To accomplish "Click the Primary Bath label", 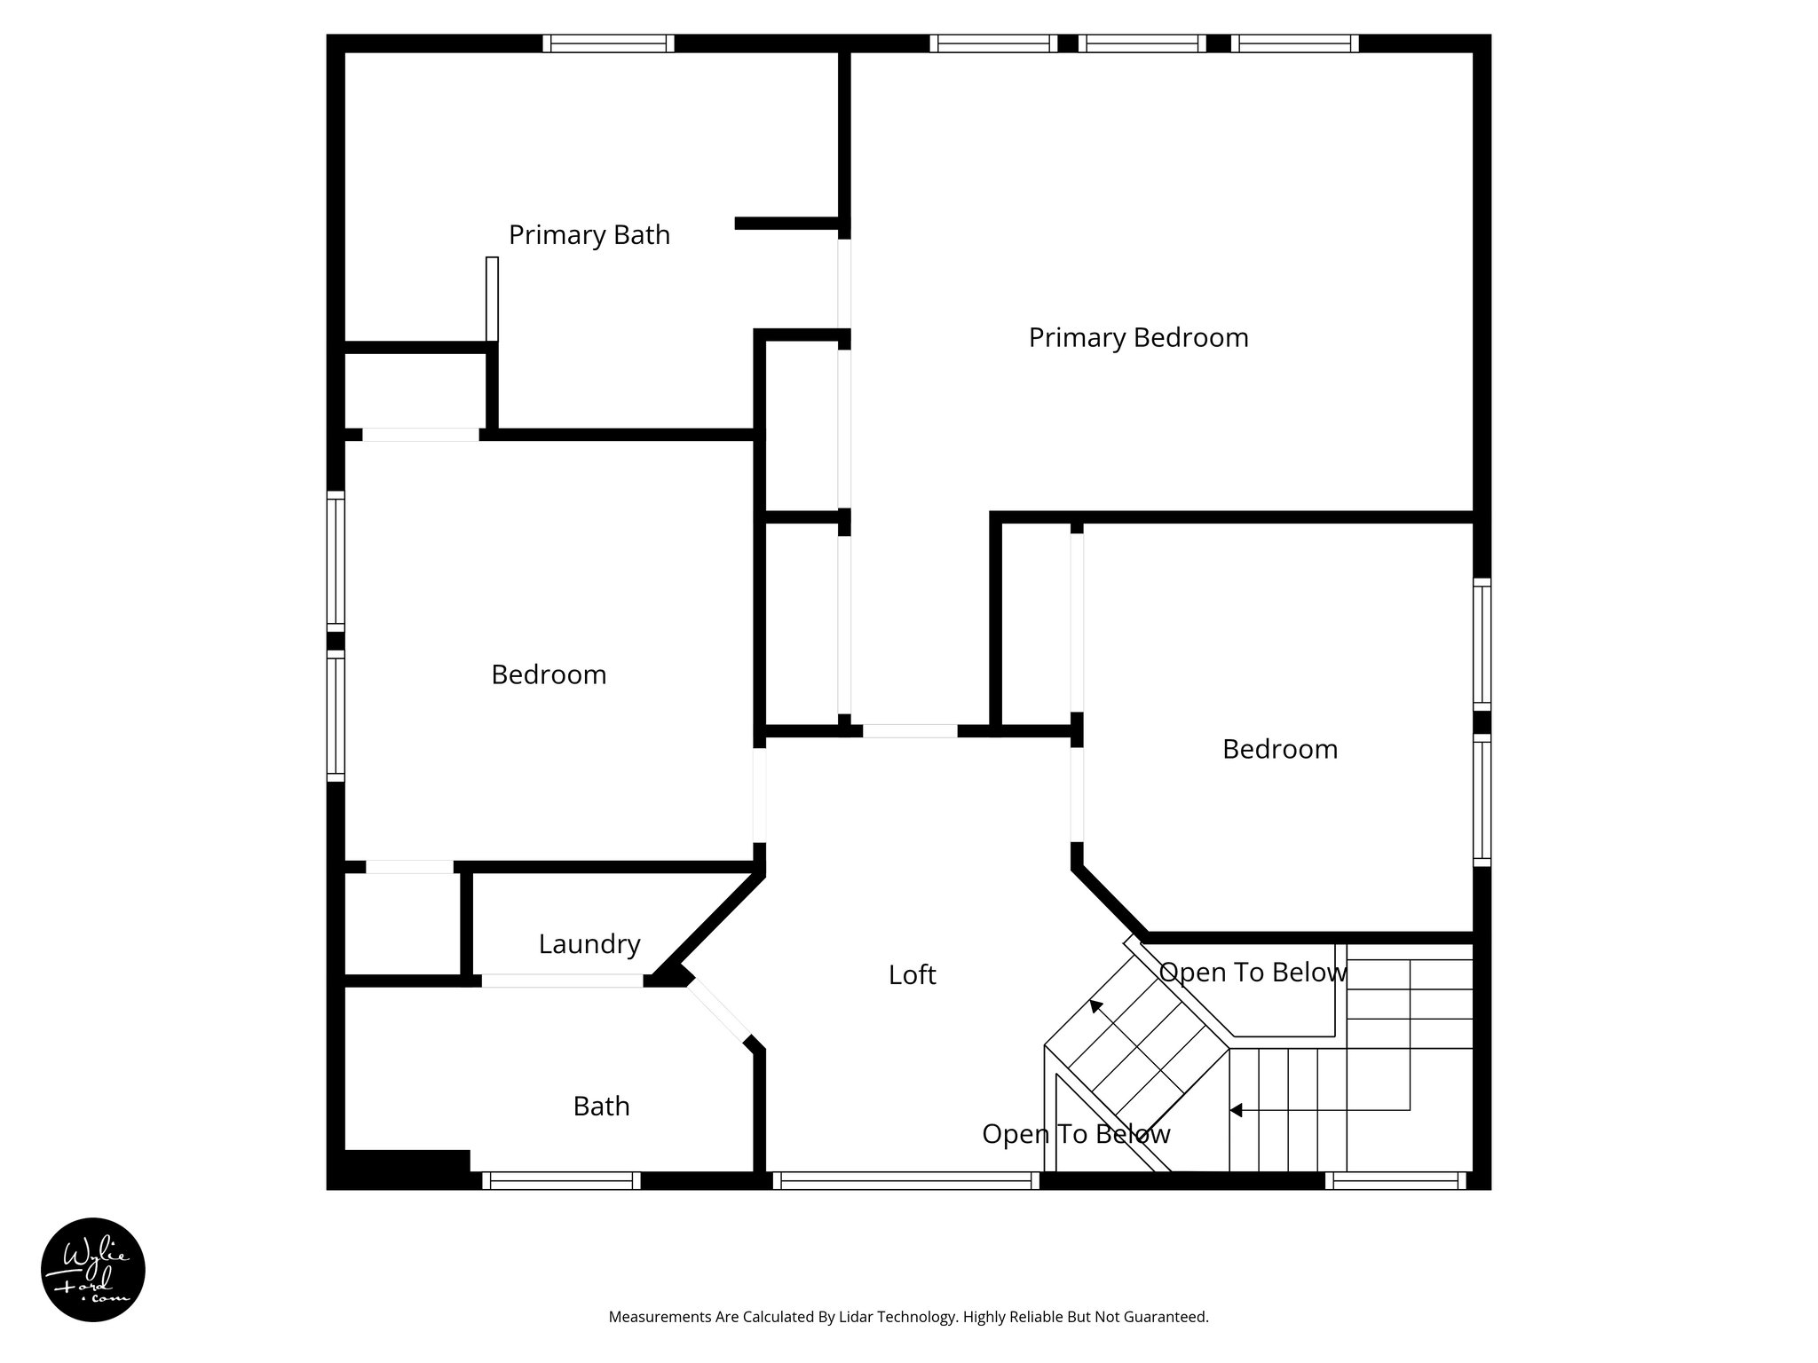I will pos(589,235).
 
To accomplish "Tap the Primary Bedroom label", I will pos(1138,338).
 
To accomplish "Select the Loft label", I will pos(912,975).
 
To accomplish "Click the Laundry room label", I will pos(589,944).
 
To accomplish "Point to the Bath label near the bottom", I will pos(601,1107).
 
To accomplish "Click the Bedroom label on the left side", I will pos(549,675).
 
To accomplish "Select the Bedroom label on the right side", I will pos(1279,750).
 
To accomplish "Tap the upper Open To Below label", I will pos(1253,973).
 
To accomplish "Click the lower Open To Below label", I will pos(1076,1134).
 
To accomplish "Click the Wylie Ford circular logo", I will pos(93,1270).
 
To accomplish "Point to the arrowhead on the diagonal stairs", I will pos(1096,1006).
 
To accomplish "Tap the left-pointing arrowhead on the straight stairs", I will pos(1236,1110).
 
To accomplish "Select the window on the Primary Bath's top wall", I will pos(608,43).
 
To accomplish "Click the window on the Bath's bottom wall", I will pos(561,1180).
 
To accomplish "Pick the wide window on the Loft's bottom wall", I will pos(905,1180).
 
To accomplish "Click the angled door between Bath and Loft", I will pos(719,1010).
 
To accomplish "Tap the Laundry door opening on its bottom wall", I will pos(562,981).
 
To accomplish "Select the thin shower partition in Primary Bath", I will pos(492,299).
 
